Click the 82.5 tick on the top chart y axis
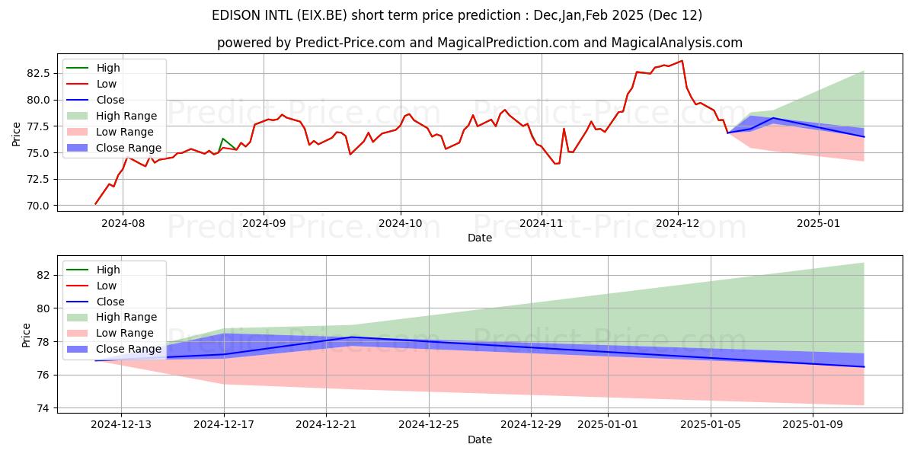(39, 73)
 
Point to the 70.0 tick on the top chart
(39, 206)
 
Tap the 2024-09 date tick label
(264, 223)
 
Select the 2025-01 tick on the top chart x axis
(819, 223)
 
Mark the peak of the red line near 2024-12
(682, 61)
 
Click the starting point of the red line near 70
(95, 204)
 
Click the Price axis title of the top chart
(17, 133)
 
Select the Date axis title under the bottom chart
(480, 439)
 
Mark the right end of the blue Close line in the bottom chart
(864, 367)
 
